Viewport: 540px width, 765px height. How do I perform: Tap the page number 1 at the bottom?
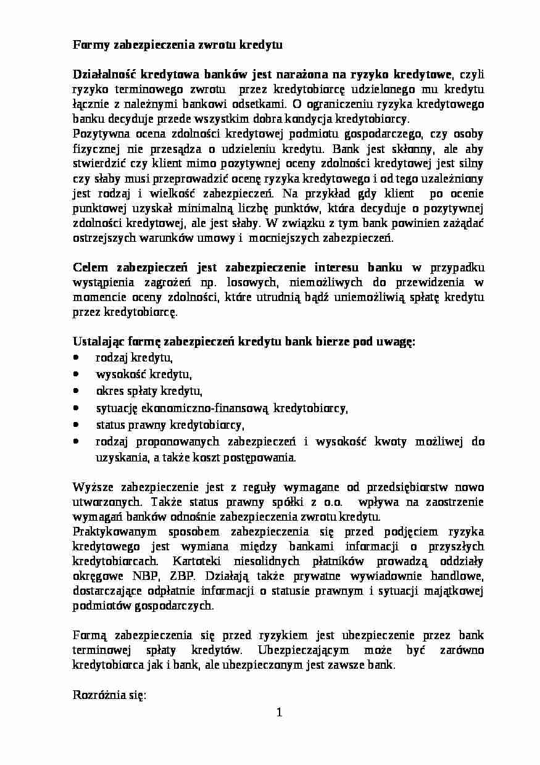pyautogui.click(x=279, y=713)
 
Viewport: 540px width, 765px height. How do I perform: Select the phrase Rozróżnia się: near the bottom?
pyautogui.click(x=109, y=695)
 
